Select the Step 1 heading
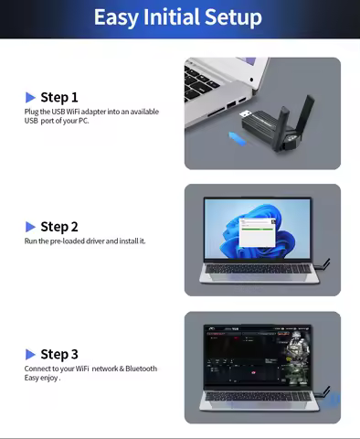tap(59, 97)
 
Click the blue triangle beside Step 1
tap(31, 97)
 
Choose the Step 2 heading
tap(59, 227)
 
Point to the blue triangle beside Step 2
tap(31, 227)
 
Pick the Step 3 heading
tap(59, 354)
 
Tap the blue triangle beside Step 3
tap(31, 354)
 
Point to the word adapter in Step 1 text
tap(98, 112)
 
